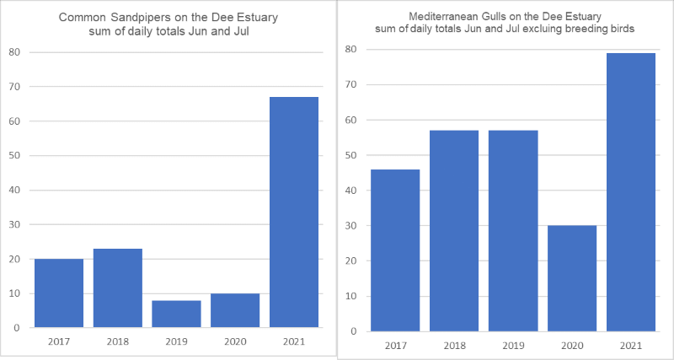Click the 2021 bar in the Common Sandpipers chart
tap(293, 212)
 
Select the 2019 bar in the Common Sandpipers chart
tap(176, 314)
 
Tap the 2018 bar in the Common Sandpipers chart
tap(118, 288)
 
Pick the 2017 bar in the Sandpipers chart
tap(59, 293)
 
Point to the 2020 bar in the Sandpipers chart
tap(235, 310)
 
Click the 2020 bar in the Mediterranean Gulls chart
tap(572, 279)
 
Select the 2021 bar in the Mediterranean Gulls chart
tap(631, 192)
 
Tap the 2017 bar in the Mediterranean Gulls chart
tap(395, 250)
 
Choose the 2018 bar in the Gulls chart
tap(454, 231)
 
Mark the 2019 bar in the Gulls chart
tap(513, 231)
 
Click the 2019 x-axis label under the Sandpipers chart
tap(176, 342)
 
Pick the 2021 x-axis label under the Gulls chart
tap(631, 346)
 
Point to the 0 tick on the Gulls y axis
tap(353, 331)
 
